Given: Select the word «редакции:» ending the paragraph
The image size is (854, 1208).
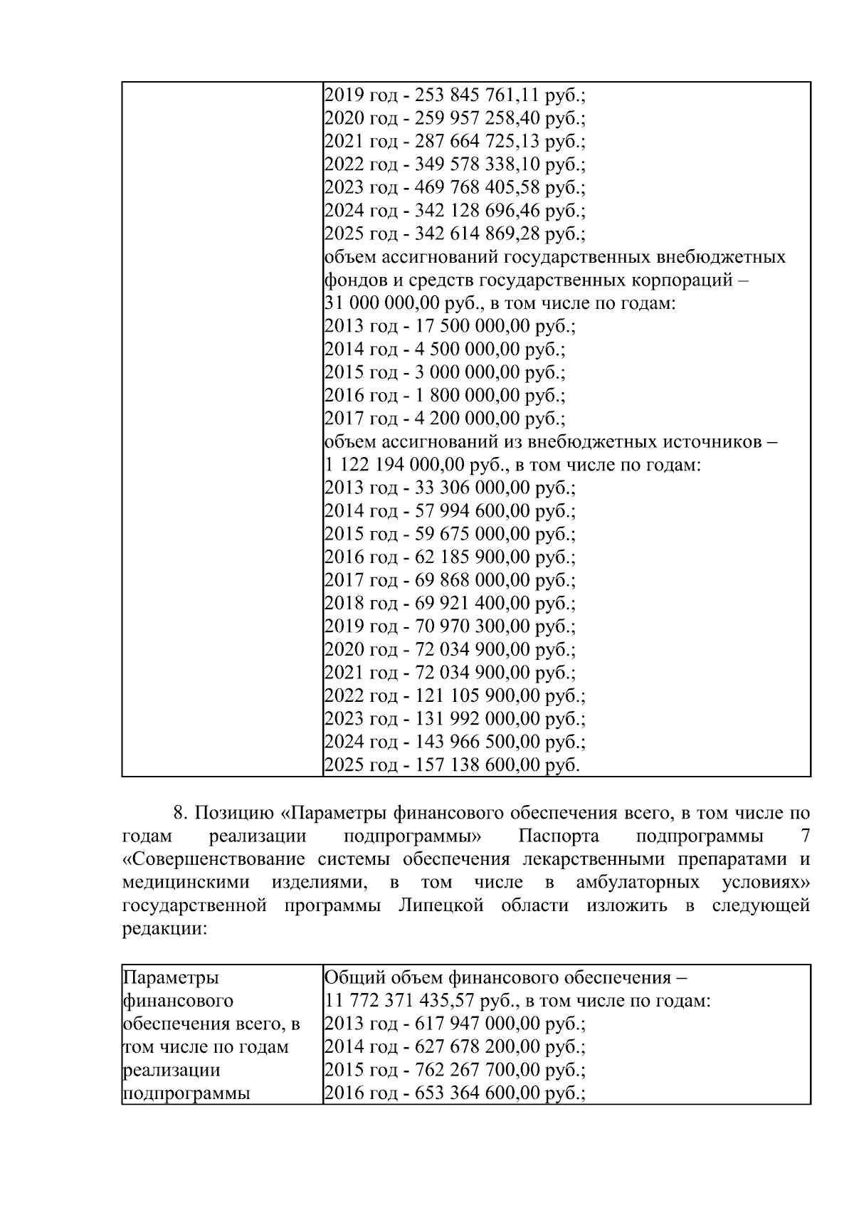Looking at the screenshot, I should click(164, 929).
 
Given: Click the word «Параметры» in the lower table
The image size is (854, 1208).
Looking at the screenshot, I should click(172, 977).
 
